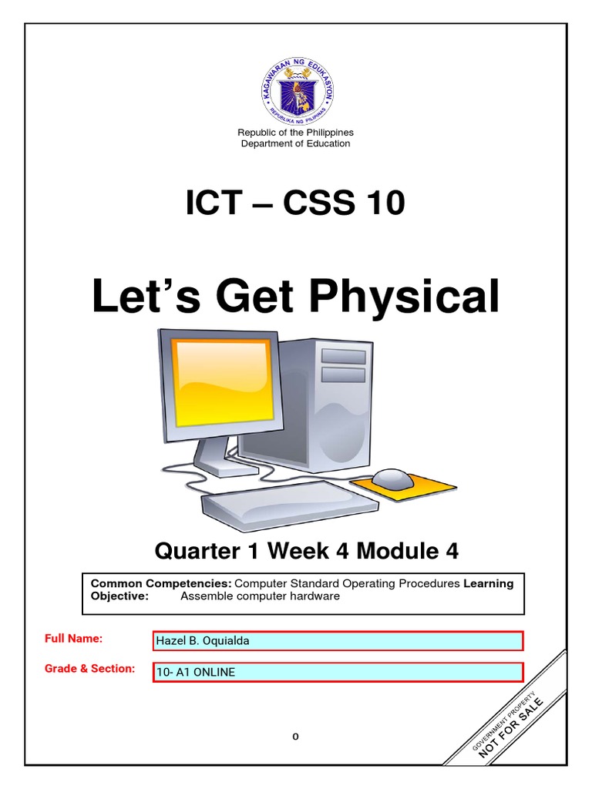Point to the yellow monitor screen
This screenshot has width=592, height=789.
222,381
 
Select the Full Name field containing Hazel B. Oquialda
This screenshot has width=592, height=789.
338,641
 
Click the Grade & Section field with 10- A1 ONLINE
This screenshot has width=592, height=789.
338,672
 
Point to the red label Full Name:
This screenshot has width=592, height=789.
74,639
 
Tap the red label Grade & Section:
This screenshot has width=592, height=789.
90,669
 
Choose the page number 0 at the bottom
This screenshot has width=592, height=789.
295,737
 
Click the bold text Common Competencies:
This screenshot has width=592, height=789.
161,583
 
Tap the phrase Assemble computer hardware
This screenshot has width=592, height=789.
260,596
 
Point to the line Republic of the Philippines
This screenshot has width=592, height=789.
296,133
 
